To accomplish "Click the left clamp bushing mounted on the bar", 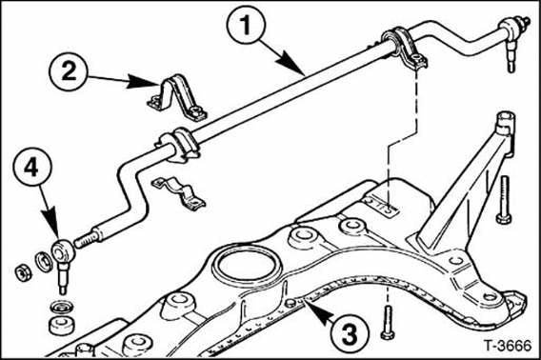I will (x=177, y=146).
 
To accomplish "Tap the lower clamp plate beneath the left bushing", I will (x=181, y=191).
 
